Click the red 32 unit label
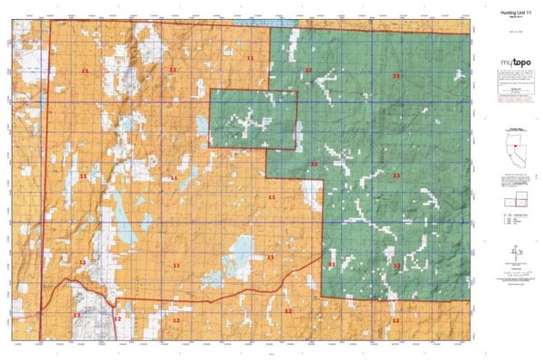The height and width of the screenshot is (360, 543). (309, 70)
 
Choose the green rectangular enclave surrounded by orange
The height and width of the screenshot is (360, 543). (253, 119)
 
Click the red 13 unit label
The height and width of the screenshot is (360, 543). (77, 315)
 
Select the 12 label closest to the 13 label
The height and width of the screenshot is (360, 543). (117, 318)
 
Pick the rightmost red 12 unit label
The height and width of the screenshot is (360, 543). (395, 320)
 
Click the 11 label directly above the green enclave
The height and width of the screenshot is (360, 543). (250, 57)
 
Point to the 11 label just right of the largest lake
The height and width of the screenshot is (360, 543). (270, 257)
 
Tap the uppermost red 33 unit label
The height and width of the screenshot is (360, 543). (396, 77)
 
